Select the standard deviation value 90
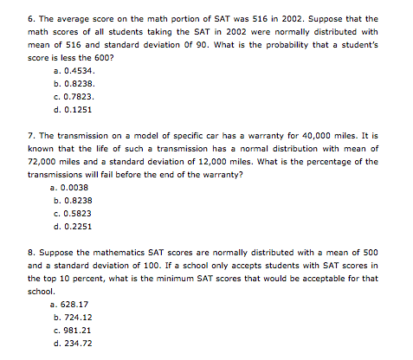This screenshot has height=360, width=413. coord(180,43)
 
